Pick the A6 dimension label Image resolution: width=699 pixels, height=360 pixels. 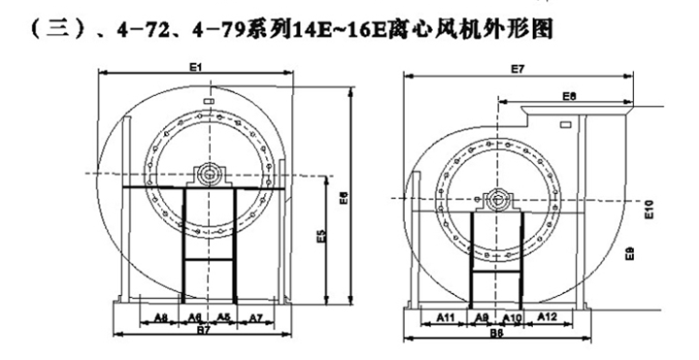click(194, 317)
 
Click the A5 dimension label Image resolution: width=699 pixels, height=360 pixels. click(222, 317)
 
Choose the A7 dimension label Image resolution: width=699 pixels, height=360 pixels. click(255, 317)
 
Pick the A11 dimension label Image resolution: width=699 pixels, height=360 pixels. click(446, 317)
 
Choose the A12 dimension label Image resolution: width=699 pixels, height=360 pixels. click(546, 317)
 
